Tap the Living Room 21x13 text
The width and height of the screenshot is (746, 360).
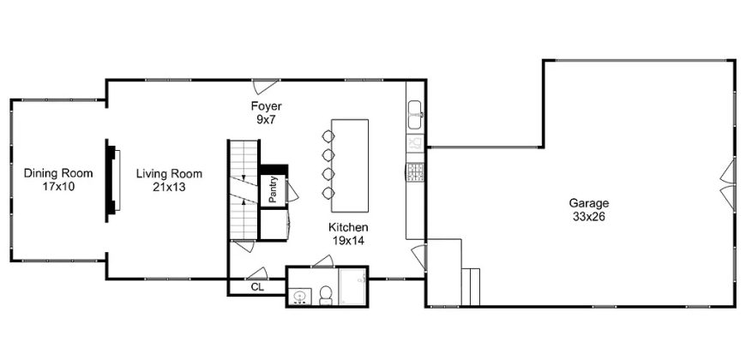click(169, 180)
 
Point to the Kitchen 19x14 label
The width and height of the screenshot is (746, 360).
click(348, 234)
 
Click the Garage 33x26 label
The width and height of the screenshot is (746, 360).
click(589, 210)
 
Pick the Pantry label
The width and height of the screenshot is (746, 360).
click(273, 191)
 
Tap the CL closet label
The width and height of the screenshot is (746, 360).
click(257, 287)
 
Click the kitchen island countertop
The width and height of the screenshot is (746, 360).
click(350, 165)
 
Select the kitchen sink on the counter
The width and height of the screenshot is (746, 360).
click(415, 115)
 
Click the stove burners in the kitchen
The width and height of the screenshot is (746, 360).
click(415, 172)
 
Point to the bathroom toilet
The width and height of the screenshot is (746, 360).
click(326, 295)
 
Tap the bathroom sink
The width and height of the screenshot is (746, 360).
click(300, 297)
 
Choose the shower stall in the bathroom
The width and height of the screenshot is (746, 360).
click(352, 286)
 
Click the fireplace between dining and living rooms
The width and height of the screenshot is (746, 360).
click(112, 180)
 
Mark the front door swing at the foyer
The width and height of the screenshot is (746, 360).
click(264, 87)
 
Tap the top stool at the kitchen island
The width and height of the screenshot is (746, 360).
click(328, 137)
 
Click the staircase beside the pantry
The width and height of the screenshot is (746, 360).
click(244, 189)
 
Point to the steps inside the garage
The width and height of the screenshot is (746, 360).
click(471, 287)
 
